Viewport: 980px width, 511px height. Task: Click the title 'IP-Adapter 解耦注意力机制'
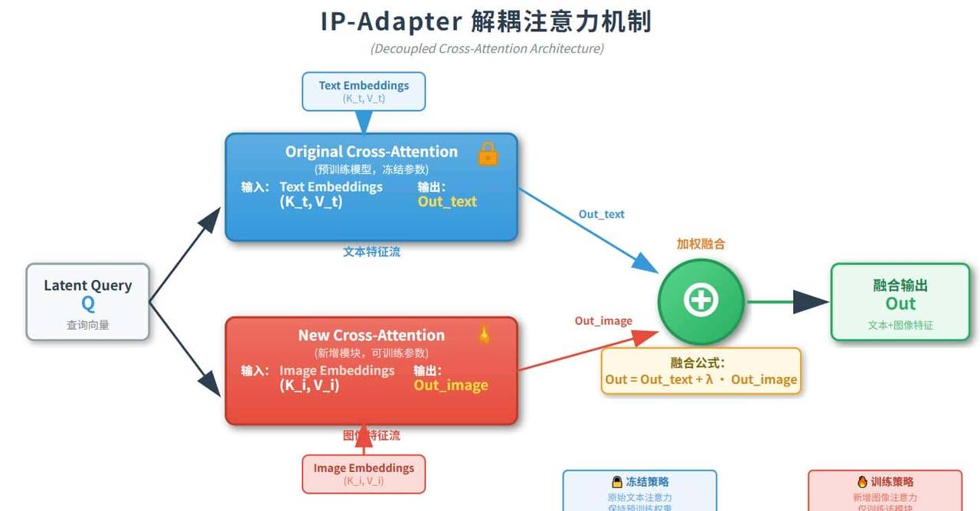(x=486, y=21)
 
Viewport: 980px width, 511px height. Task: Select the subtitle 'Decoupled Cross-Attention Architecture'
(x=487, y=49)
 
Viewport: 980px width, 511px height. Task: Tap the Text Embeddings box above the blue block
(x=364, y=91)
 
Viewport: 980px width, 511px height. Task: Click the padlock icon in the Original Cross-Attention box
(x=488, y=154)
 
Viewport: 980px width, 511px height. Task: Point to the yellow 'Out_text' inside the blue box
(x=447, y=202)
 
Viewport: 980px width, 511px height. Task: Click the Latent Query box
(x=88, y=301)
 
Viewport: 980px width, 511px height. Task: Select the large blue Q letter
(x=88, y=304)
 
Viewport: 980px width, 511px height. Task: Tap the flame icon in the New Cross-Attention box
(x=484, y=334)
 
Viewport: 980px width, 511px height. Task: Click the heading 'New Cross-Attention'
(x=371, y=335)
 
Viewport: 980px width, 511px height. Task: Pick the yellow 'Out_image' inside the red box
(x=451, y=385)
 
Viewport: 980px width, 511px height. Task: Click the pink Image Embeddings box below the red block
(x=364, y=474)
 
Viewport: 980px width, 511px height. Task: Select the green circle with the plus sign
(x=701, y=301)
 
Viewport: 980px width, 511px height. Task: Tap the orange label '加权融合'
(x=701, y=244)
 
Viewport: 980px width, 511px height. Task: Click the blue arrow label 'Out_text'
(x=602, y=214)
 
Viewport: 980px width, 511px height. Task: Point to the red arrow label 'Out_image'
(x=603, y=321)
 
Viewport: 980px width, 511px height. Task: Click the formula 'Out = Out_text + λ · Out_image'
(x=701, y=379)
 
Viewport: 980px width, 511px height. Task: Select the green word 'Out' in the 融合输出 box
(x=900, y=304)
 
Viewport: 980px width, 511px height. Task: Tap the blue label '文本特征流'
(x=371, y=252)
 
